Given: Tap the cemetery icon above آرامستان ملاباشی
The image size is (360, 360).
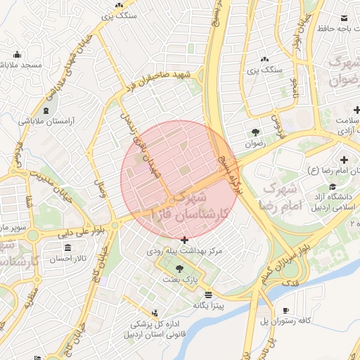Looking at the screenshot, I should pyautogui.click(x=46, y=110).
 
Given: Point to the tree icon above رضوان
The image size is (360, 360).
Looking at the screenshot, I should pyautogui.click(x=255, y=131).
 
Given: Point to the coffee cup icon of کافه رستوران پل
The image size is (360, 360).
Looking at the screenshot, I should pyautogui.click(x=285, y=310).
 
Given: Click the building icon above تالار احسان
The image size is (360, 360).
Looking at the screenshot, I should pyautogui.click(x=67, y=248).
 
